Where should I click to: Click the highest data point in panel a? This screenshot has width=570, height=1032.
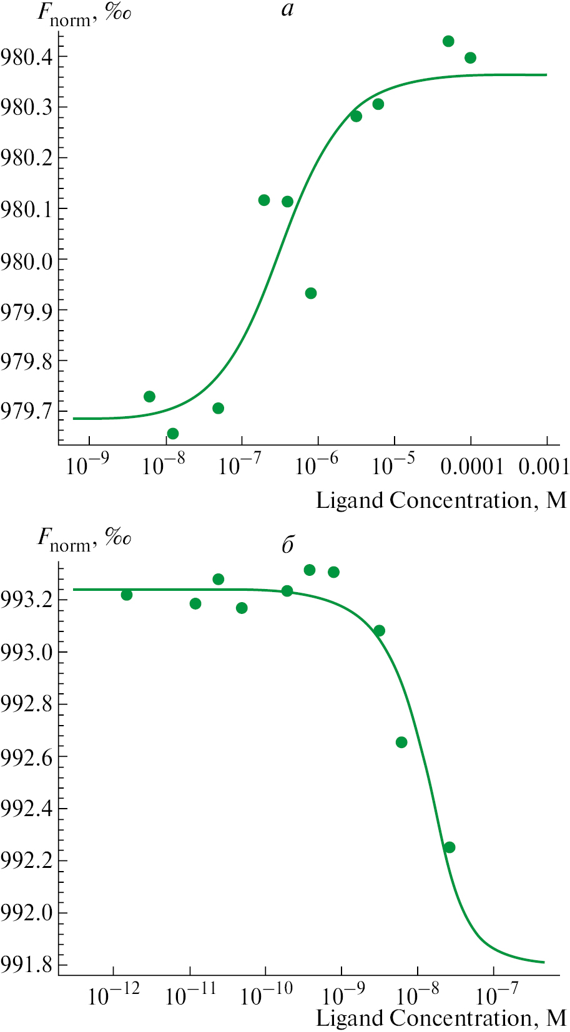tap(448, 41)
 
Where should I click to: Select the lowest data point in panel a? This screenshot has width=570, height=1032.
tap(173, 434)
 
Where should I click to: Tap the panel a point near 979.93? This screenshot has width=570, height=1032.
tap(311, 293)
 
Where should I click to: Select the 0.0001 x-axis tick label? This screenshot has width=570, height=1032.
tap(471, 465)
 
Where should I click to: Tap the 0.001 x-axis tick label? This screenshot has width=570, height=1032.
tap(544, 465)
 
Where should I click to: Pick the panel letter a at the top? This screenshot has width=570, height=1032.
tap(287, 10)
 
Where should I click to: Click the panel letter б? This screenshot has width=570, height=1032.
tap(288, 545)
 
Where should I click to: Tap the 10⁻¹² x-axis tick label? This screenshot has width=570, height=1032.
tap(114, 995)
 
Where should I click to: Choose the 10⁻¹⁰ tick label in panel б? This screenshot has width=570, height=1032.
tap(266, 995)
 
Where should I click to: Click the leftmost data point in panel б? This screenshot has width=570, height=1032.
tap(127, 595)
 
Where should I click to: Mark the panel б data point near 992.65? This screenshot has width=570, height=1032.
tap(401, 742)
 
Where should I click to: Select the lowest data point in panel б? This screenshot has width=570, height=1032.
tap(450, 847)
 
